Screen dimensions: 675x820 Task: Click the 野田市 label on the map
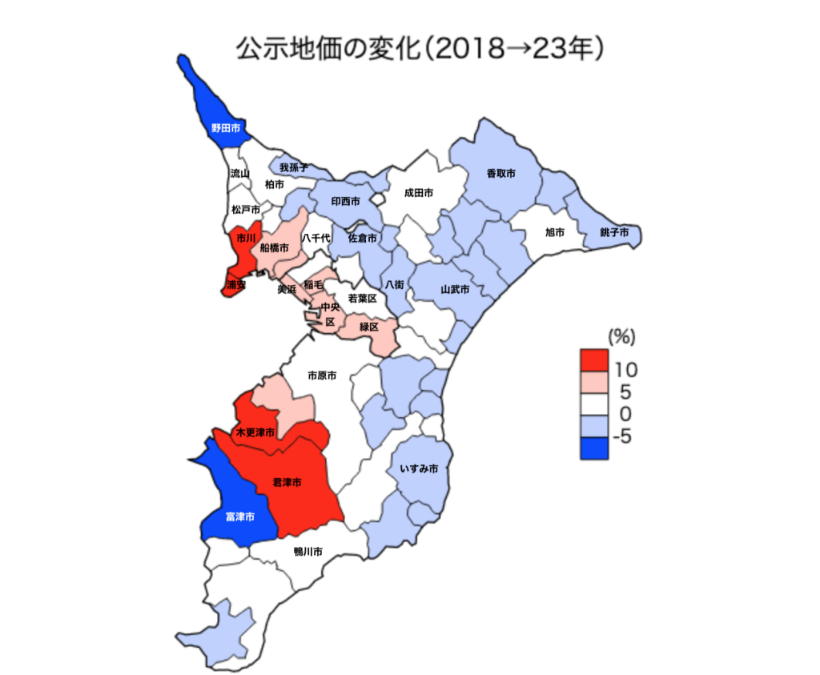coord(225,128)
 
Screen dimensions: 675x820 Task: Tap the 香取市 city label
coord(500,173)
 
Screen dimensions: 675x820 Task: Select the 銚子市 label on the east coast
coord(614,232)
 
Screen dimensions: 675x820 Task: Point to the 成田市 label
coord(418,193)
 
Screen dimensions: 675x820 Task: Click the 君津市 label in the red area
coord(287,483)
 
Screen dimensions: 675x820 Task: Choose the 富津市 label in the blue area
coord(240,517)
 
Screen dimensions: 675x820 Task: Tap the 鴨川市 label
coord(308,552)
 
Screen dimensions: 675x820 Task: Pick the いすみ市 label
coord(418,468)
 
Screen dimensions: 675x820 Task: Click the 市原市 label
coord(321,375)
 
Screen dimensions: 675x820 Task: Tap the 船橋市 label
coord(275,249)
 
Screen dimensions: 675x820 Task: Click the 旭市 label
coord(555,232)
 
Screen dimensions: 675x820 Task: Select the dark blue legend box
coord(594,448)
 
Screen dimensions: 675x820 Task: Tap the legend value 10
coord(626,370)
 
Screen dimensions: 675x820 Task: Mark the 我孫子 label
coord(294,167)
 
